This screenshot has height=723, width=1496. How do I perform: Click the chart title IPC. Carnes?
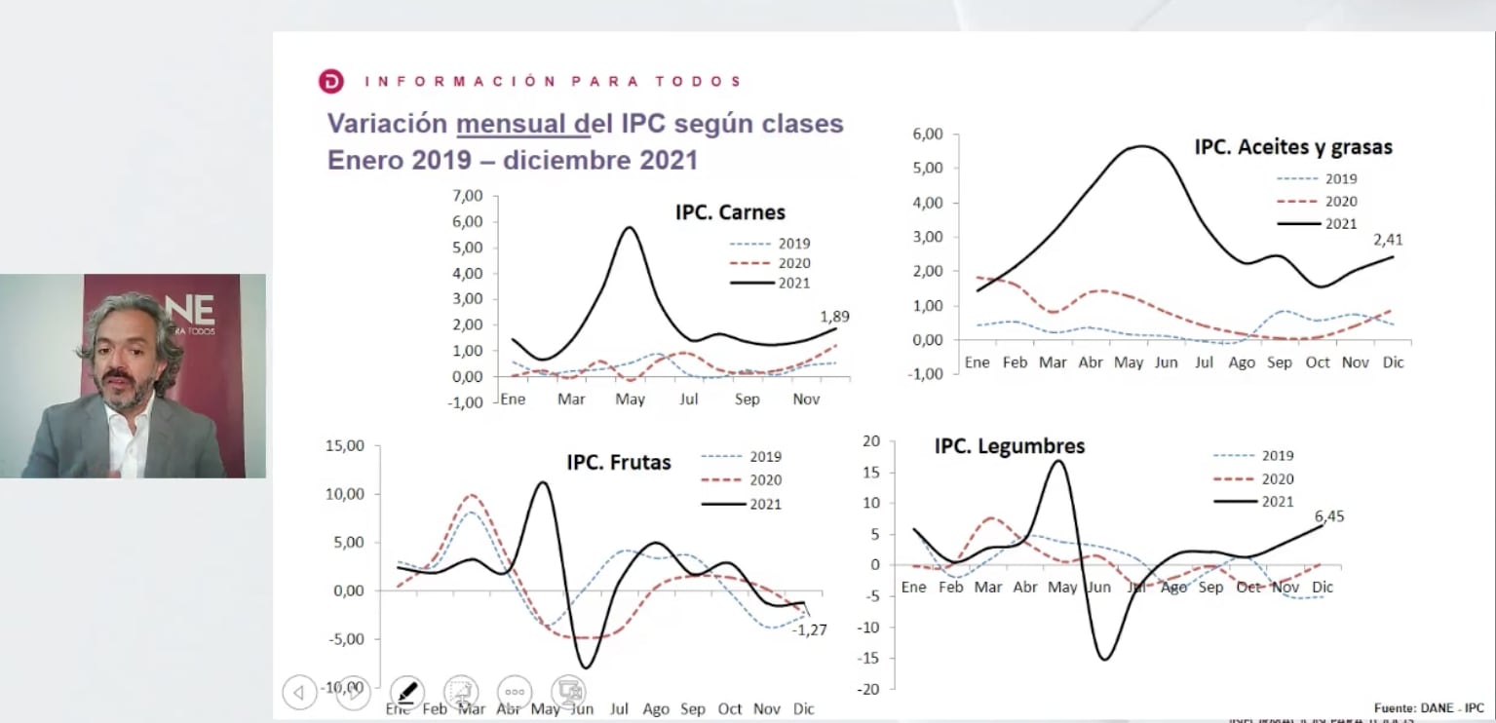[730, 212]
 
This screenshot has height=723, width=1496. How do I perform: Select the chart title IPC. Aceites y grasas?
[1293, 147]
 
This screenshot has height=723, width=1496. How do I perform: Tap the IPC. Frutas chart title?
[619, 462]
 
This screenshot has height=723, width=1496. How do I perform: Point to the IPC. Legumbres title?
[1010, 446]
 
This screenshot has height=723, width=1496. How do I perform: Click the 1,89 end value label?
[835, 317]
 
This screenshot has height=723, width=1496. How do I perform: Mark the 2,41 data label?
[1388, 239]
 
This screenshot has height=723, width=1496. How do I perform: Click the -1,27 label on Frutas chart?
[809, 629]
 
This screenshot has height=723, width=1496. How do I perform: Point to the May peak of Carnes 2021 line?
[630, 228]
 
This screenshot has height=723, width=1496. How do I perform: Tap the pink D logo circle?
[331, 82]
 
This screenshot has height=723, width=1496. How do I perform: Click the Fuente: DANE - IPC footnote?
[1429, 707]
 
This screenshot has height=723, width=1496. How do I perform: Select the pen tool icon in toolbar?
[406, 692]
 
